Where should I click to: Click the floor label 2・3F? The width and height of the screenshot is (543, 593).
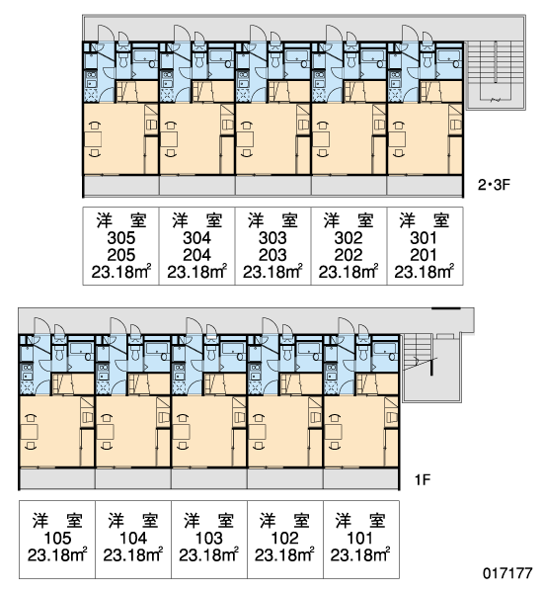[x=494, y=185]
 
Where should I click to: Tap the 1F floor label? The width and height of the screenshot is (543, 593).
[x=423, y=480]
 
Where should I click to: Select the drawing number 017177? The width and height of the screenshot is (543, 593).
[x=507, y=573]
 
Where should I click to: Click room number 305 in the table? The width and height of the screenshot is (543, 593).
[x=120, y=238]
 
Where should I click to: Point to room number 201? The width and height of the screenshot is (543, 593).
[x=424, y=255]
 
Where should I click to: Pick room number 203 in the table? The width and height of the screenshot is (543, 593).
[x=272, y=255]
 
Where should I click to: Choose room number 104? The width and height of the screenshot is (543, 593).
[x=133, y=538]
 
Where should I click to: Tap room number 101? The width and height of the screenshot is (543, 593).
[x=360, y=538]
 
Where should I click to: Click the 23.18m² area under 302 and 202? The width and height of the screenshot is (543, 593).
[x=349, y=272]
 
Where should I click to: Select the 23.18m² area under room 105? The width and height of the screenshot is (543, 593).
[x=57, y=554]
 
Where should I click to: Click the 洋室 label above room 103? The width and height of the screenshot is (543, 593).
[x=209, y=521]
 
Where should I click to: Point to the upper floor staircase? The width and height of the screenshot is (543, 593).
[x=496, y=75]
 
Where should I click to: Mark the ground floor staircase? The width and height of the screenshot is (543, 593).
[x=431, y=368]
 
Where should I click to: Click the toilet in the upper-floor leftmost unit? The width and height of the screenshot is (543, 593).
[x=122, y=59]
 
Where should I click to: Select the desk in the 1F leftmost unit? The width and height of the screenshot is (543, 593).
[x=29, y=432]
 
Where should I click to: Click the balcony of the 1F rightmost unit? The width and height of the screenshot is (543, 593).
[x=361, y=478]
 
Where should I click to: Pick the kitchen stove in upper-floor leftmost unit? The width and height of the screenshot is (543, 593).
[x=91, y=77]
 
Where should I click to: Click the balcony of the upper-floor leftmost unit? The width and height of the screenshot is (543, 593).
[x=120, y=186]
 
